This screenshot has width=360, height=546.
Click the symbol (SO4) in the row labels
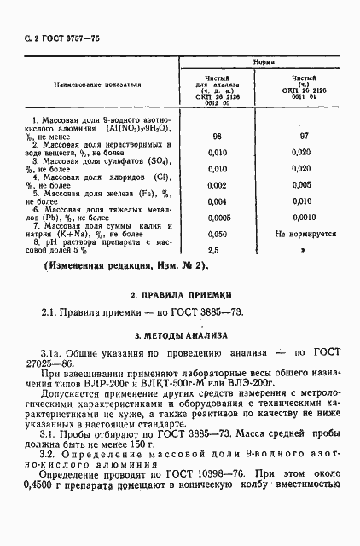point(157,160)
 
